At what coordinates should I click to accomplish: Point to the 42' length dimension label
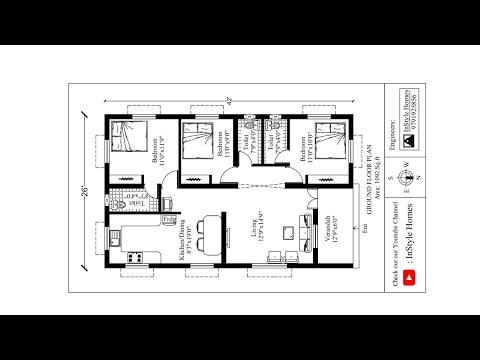229,99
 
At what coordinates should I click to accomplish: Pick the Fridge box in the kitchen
168,218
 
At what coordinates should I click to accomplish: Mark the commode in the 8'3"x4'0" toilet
119,202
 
